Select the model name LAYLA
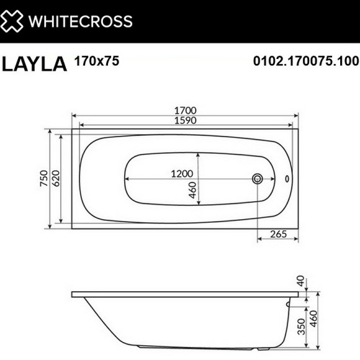35,64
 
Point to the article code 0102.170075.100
306,61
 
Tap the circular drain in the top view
258,179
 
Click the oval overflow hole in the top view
287,179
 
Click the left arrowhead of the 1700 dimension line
74,115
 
